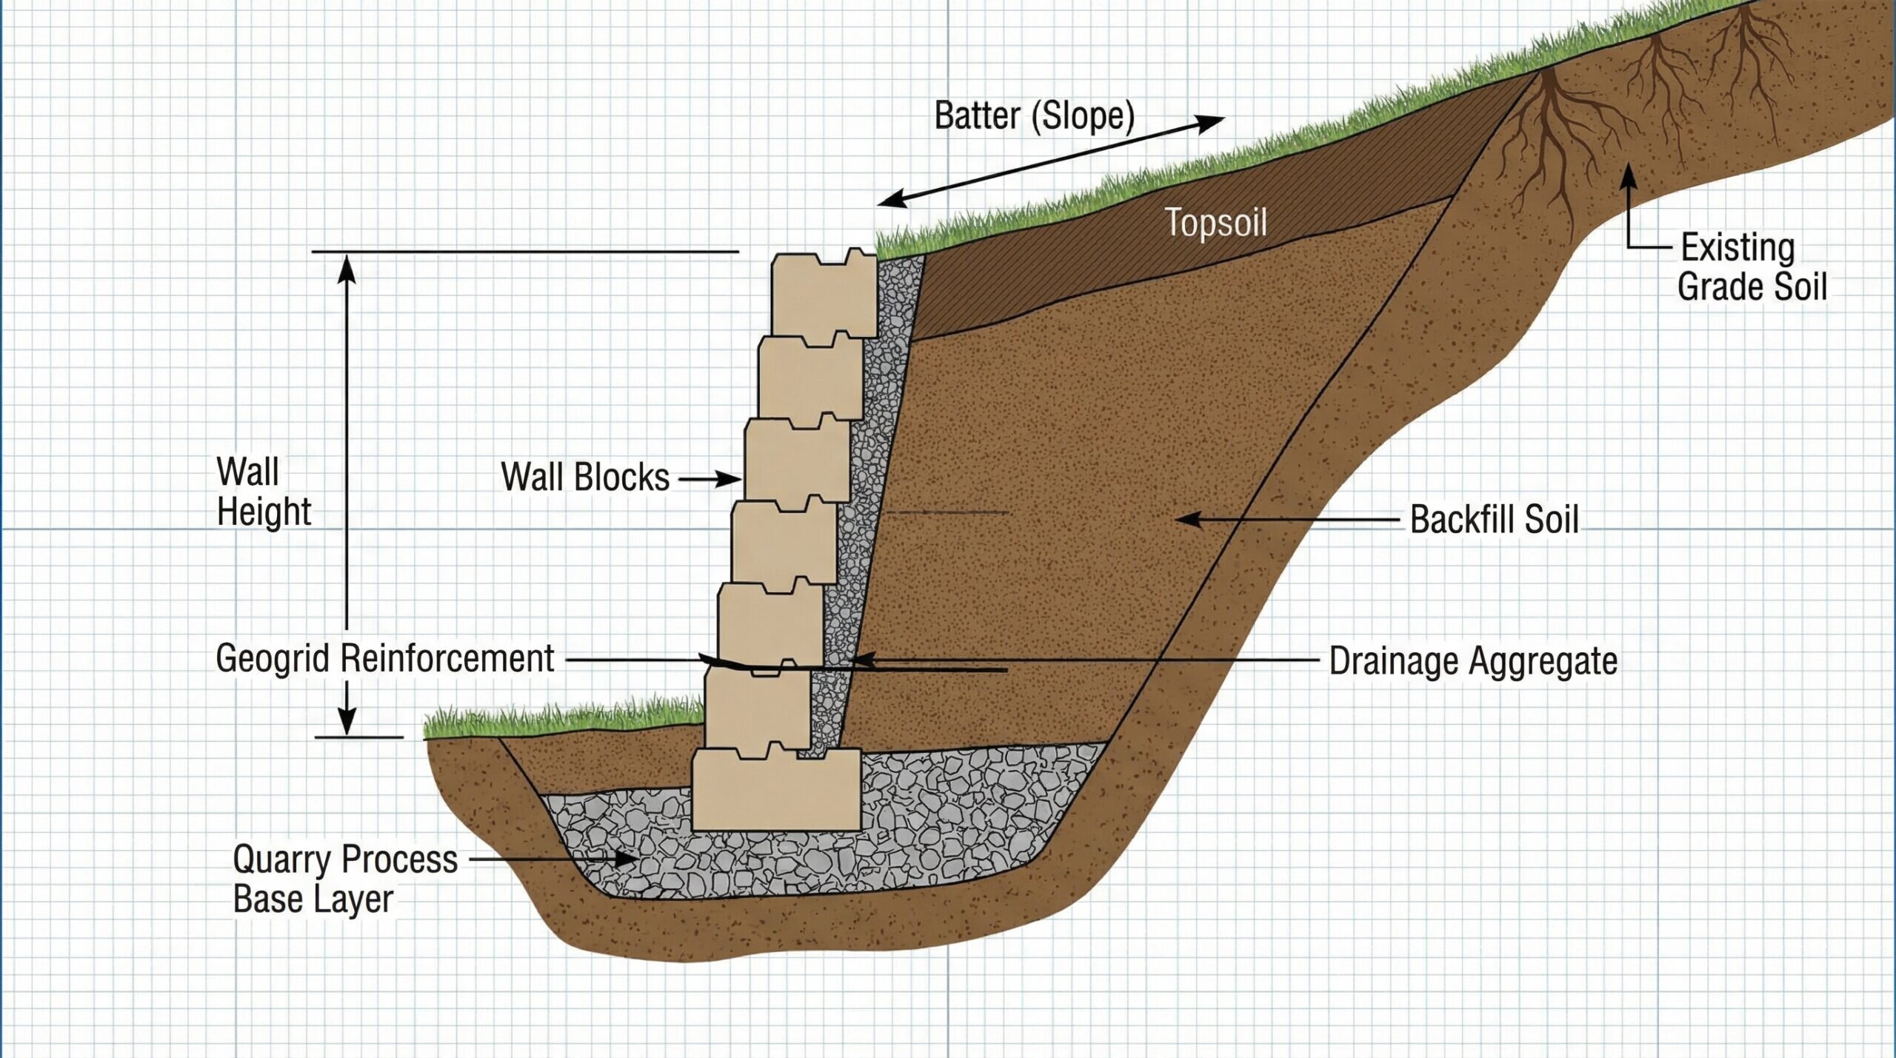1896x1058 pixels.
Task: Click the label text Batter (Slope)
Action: pos(1034,116)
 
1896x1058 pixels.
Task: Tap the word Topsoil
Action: pos(1215,222)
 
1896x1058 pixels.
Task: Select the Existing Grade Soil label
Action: pos(1752,267)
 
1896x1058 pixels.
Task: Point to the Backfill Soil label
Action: pos(1494,519)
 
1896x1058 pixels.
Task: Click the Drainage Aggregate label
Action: pos(1472,660)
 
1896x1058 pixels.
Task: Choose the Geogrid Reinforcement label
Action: pos(384,658)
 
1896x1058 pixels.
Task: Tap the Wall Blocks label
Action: pos(585,477)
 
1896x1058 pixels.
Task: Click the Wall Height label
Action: pos(263,492)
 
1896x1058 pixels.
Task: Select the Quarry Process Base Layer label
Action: pos(344,879)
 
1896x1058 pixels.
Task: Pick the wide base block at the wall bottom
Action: pos(775,791)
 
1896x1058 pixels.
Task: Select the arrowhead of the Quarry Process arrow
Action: pos(627,860)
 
